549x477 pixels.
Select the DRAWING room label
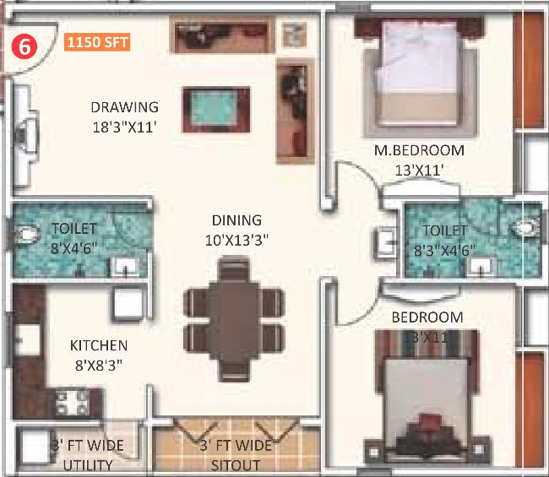point(124,107)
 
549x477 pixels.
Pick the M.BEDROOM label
point(420,151)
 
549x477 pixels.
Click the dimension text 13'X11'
point(420,169)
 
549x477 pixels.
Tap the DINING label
point(236,220)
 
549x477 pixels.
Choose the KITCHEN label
point(99,345)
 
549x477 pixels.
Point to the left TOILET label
point(73,229)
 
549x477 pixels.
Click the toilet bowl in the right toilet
point(525,226)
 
